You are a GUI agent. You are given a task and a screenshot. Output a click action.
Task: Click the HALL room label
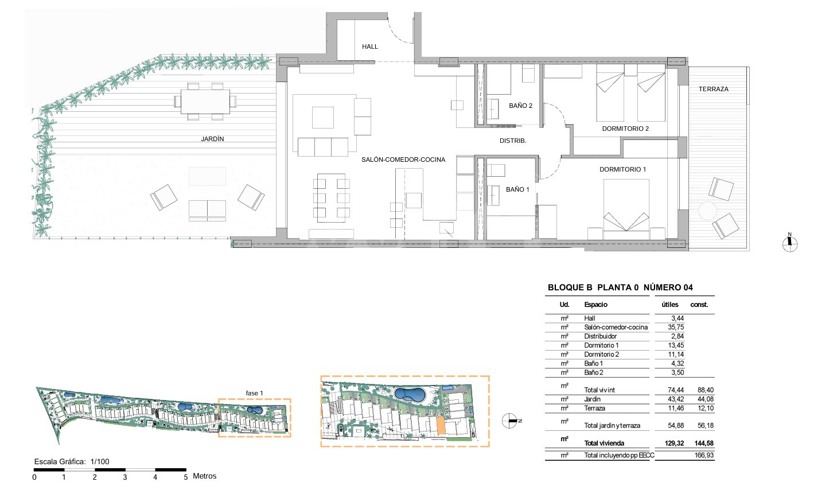(x=369, y=46)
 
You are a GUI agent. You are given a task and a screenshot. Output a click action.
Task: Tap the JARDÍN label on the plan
(x=212, y=139)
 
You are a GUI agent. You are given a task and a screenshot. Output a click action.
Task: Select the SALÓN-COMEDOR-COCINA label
(x=403, y=160)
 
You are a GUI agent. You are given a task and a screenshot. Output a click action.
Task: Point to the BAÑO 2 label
(x=521, y=106)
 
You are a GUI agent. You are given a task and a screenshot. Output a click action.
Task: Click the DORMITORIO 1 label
(x=622, y=169)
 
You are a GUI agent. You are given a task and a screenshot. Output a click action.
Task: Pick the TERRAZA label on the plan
(x=713, y=89)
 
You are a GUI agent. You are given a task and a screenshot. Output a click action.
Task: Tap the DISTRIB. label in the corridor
(x=513, y=141)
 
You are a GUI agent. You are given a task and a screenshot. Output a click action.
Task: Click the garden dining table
(x=205, y=102)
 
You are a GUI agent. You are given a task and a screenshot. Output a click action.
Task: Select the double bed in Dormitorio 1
(x=626, y=209)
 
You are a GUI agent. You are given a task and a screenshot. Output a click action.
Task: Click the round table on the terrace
(x=707, y=211)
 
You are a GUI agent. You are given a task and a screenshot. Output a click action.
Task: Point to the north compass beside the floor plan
(x=789, y=243)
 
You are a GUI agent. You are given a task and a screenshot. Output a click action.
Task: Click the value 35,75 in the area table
(x=676, y=327)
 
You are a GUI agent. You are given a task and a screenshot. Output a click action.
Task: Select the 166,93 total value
(x=704, y=455)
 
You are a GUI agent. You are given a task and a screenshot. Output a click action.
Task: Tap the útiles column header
(x=669, y=305)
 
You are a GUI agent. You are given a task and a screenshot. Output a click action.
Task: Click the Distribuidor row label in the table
(x=600, y=336)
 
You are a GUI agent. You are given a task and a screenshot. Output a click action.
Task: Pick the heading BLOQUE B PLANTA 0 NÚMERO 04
(x=620, y=287)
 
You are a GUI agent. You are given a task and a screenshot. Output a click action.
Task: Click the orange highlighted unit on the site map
(x=441, y=426)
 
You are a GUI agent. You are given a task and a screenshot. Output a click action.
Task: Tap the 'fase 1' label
(x=254, y=393)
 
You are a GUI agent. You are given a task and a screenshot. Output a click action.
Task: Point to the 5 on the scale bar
(x=185, y=477)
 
